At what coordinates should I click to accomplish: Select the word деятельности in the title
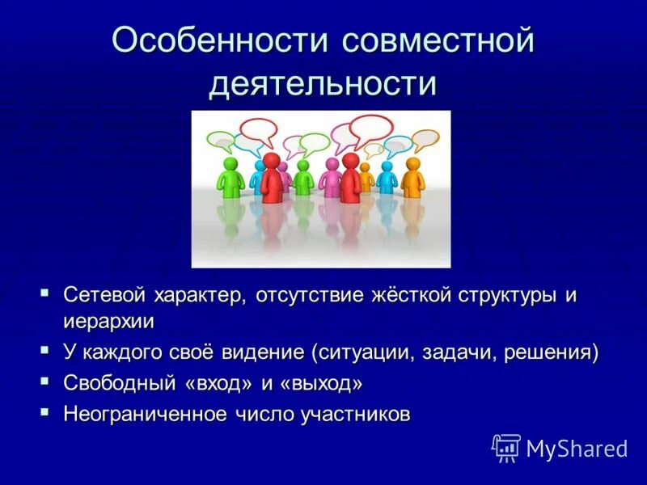[323, 83]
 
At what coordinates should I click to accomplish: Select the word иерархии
[108, 320]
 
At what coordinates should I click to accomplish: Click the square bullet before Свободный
[45, 379]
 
